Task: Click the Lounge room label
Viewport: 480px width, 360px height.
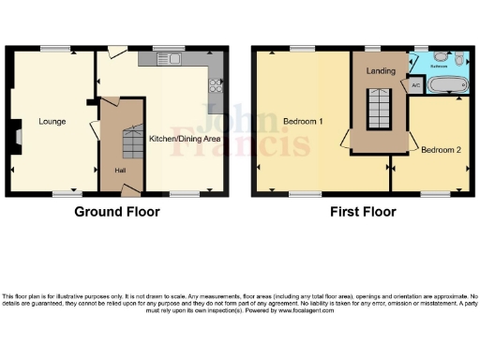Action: [52, 121]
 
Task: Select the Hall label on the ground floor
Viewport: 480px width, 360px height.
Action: [120, 170]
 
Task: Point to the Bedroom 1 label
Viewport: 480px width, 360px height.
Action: [301, 122]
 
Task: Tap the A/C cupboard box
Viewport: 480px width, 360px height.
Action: [415, 85]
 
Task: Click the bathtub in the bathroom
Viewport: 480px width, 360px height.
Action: [446, 86]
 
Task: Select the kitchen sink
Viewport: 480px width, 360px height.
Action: [174, 60]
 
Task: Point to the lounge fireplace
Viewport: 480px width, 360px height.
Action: [18, 139]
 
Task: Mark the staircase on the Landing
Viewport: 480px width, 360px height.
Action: [378, 109]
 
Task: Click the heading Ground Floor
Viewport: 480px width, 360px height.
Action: [117, 212]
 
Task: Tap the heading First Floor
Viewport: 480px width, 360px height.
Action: [360, 212]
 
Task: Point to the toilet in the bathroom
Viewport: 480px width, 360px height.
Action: [457, 61]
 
